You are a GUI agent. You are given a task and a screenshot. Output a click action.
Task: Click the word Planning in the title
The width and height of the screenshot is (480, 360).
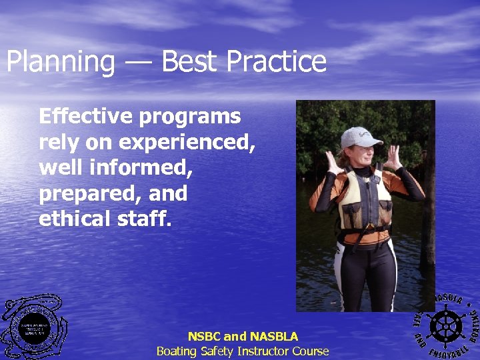click(60, 62)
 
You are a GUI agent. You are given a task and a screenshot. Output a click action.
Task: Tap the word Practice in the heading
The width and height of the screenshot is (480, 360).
click(277, 62)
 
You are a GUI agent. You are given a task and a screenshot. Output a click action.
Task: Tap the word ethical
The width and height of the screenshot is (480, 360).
click(75, 219)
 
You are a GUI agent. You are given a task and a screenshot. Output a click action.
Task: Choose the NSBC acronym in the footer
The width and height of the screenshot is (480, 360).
click(204, 337)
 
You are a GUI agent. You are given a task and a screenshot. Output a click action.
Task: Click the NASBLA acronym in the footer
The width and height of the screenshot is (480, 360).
click(273, 337)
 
